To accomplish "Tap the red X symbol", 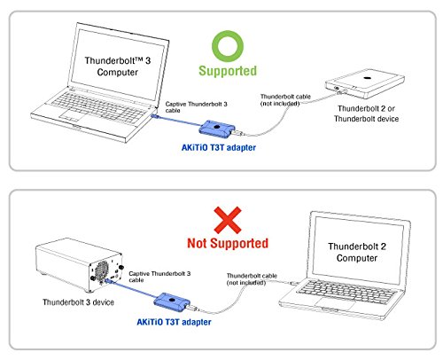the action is point(228,220).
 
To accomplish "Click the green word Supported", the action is point(228,71).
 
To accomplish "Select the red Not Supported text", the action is point(228,243).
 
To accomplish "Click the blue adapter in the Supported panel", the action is point(217,129).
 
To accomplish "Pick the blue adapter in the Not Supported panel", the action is point(172,302).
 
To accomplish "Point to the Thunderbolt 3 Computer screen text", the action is point(118,67).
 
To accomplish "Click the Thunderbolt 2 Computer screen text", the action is point(357,252).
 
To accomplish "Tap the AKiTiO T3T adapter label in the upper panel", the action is point(219,147).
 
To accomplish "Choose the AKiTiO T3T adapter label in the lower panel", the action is point(174,322).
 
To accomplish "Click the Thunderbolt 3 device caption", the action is point(78,302).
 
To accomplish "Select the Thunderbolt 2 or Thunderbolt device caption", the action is point(366,113).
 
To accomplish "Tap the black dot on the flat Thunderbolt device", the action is point(367,78).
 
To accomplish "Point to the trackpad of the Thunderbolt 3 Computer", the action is point(71,115).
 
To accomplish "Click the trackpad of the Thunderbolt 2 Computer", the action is point(335,303).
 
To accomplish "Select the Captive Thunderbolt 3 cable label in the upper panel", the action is point(196,107).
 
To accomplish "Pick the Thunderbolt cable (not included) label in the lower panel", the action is point(252,279).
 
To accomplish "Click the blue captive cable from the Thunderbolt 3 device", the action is point(132,290).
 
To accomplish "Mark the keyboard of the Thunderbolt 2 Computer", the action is point(346,291).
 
